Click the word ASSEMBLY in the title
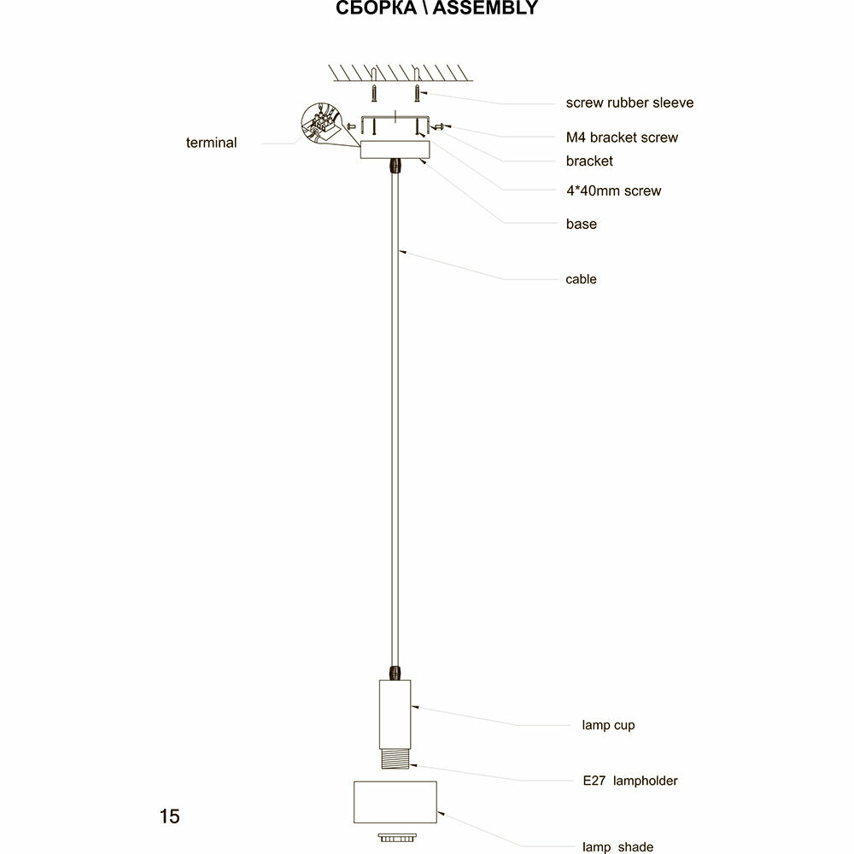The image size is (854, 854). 486,9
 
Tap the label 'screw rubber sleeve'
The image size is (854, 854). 629,102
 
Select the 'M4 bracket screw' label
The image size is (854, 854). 622,137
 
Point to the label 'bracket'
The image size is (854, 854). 589,161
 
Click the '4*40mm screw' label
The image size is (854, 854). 613,191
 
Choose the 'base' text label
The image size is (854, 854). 581,225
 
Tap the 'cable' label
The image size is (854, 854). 581,279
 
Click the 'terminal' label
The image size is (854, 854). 211,143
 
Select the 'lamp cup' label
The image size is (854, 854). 608,726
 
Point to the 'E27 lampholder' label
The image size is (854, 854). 623,781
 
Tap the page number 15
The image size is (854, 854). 169,816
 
